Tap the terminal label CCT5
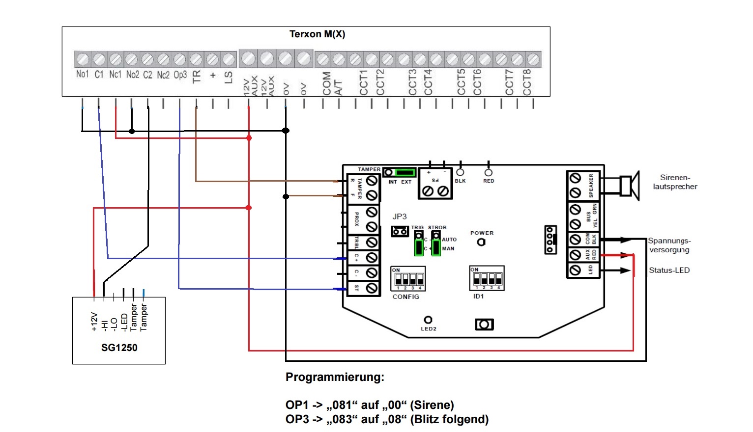coord(461,82)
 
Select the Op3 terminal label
coord(180,75)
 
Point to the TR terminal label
coord(197,77)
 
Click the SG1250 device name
coord(119,348)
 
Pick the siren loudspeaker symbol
coord(629,186)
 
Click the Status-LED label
coord(669,270)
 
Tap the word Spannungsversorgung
coord(669,245)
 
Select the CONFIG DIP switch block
coord(408,279)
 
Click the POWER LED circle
coord(481,242)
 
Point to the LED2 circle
coord(428,320)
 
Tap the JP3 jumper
coord(400,231)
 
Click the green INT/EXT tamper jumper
coord(405,172)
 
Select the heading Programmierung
coord(335,378)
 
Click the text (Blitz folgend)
coord(450,420)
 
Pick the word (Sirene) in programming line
coord(432,405)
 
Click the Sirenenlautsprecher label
coord(675,182)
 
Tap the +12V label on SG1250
coord(94,322)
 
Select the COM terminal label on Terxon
coord(327,83)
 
